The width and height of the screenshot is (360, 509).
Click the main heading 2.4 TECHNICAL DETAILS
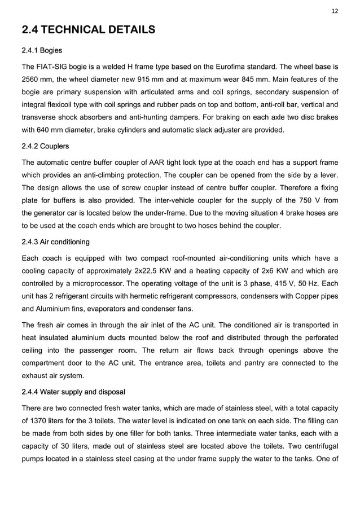88,29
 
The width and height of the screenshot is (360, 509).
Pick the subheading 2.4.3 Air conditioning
55,242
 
